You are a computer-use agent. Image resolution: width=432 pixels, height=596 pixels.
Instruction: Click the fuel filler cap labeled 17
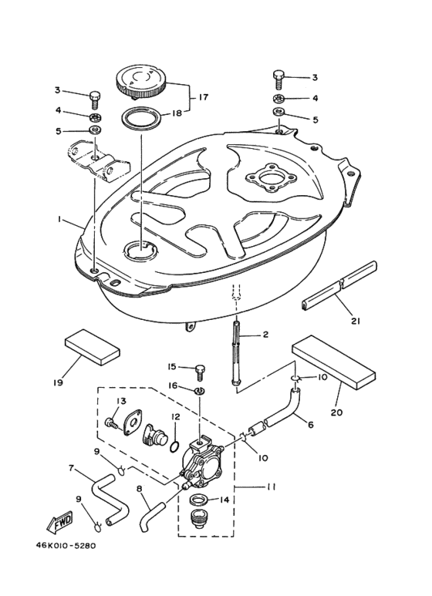coord(143,81)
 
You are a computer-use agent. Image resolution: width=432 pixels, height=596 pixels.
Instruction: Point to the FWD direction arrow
coord(62,525)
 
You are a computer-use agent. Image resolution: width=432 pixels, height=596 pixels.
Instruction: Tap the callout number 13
coord(120,402)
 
